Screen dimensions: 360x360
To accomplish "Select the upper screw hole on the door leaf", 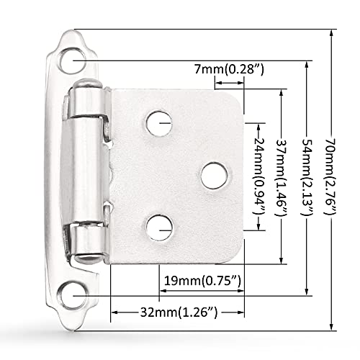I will (x=159, y=122).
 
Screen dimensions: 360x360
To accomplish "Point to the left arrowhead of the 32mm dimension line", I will (x=113, y=312).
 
